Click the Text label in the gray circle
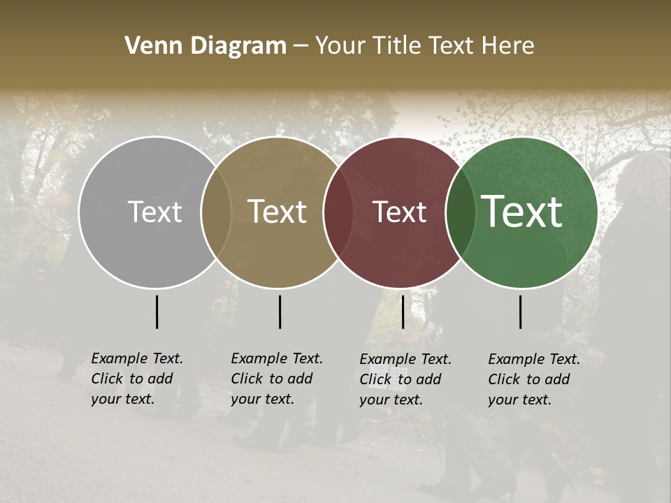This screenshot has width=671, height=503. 154,212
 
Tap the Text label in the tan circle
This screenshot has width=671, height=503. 277,212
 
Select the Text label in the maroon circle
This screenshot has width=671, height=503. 400,212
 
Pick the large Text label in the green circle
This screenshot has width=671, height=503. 522,212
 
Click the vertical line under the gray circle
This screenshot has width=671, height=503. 157,312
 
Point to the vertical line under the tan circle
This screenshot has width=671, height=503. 280,312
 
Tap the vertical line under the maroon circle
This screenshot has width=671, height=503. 403,312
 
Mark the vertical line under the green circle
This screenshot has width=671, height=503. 520,312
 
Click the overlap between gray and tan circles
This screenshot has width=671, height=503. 216,212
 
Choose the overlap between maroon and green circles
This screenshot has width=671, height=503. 460,212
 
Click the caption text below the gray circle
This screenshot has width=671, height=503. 136,379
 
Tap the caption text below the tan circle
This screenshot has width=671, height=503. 276,379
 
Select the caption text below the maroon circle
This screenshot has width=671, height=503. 405,379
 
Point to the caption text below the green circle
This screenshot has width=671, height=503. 533,379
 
